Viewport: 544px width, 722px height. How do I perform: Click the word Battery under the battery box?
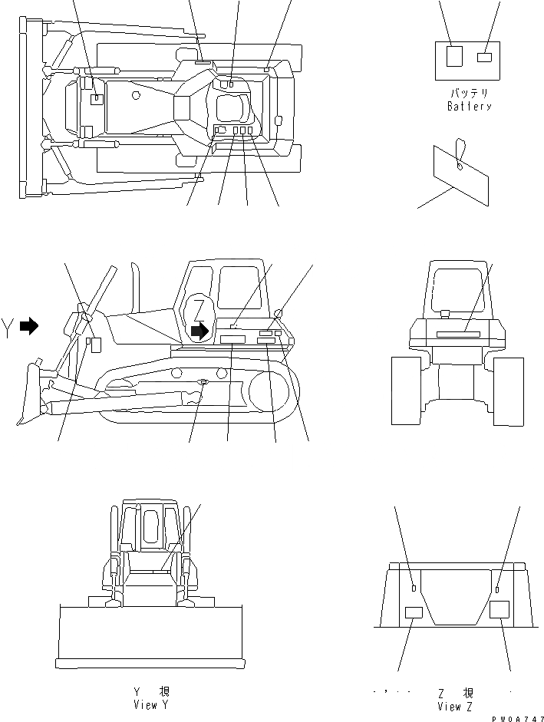pos(469,107)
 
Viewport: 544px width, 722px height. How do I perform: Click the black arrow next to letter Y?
pos(29,326)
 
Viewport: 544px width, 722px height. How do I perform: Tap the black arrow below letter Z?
pos(199,331)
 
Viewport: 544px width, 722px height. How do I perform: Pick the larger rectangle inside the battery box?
pos(454,56)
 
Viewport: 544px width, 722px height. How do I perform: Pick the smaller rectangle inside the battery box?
pos(484,57)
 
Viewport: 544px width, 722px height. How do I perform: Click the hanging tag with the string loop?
pos(460,175)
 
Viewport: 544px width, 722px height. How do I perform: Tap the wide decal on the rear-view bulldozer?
pos(458,335)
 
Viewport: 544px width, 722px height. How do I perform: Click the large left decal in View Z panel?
pos(414,612)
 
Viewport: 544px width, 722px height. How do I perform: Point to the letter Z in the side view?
pos(199,310)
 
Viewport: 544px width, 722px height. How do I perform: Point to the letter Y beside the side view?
pos(9,325)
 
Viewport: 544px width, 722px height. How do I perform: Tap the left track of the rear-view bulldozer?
pos(407,390)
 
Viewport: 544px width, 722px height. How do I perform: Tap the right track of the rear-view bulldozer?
pos(509,390)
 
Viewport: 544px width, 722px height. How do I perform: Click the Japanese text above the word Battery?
pos(469,93)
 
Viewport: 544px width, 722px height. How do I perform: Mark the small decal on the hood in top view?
pos(97,99)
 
